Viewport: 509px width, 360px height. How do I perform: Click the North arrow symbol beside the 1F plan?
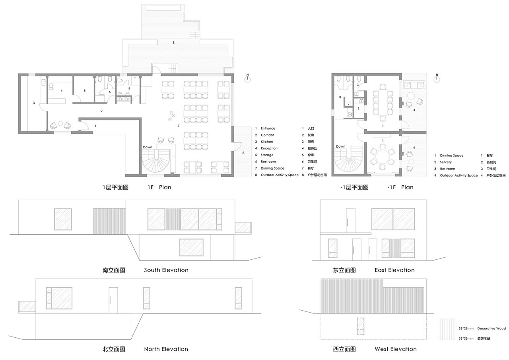[247, 78]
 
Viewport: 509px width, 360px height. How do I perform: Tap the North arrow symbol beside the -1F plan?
[437, 78]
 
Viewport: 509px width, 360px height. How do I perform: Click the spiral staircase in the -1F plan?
[349, 161]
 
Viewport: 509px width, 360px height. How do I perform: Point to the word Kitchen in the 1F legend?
[267, 142]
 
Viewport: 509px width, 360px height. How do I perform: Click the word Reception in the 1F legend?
[269, 148]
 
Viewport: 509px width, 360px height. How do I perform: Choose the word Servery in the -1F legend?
[446, 162]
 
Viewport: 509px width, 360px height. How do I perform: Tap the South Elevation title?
[166, 270]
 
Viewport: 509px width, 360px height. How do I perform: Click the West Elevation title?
[396, 349]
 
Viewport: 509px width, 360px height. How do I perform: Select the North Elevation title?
[166, 349]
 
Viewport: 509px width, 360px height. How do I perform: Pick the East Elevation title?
[394, 270]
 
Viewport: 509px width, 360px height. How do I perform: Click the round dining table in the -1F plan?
[383, 157]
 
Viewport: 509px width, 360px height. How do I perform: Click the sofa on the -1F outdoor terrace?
[414, 85]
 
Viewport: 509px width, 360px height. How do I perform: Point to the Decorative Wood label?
[492, 329]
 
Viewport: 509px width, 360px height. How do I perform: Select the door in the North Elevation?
[113, 300]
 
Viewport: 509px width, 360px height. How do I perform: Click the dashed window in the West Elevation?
[361, 326]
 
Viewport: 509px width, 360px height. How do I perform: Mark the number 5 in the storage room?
[85, 91]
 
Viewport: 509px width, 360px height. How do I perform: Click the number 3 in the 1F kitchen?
[34, 103]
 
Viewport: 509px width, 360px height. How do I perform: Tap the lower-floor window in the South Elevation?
[191, 247]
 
